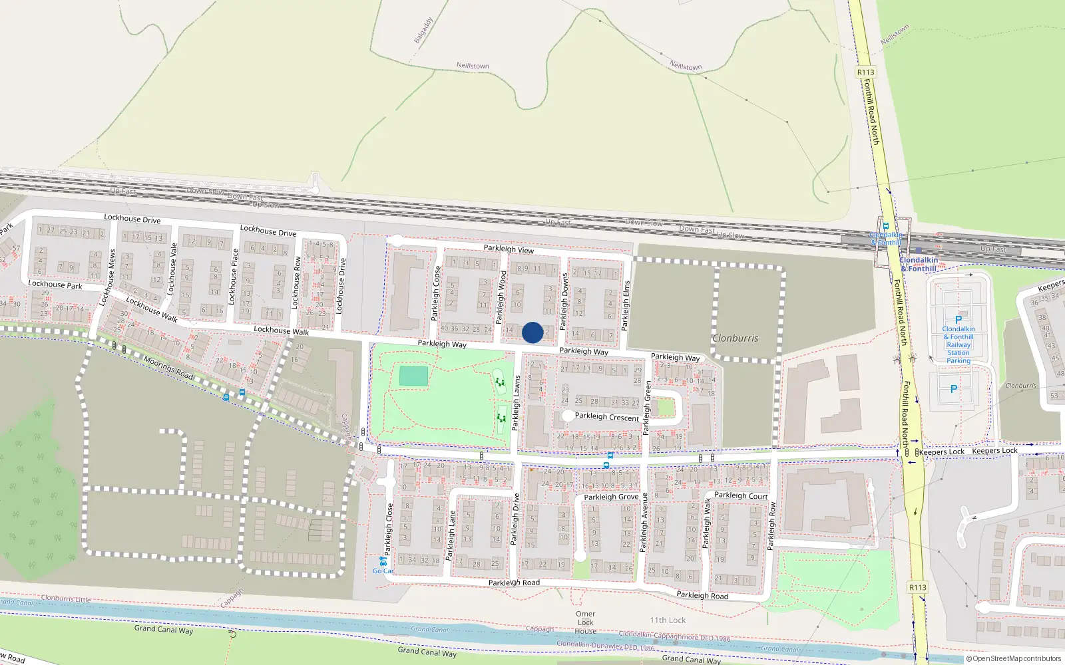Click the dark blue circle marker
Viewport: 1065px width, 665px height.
click(x=532, y=332)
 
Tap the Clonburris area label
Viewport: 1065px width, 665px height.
click(x=735, y=338)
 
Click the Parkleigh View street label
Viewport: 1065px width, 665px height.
click(x=509, y=249)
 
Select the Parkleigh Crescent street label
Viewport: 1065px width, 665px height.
click(x=606, y=417)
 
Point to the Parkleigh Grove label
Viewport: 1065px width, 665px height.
click(x=611, y=497)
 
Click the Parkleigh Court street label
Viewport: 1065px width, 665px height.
click(x=741, y=495)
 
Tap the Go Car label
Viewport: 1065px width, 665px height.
click(x=383, y=571)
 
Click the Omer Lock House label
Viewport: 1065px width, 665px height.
click(x=586, y=622)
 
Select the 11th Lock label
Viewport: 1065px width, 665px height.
click(x=668, y=620)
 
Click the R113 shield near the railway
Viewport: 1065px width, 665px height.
click(x=865, y=72)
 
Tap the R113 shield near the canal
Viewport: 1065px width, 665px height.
click(x=918, y=587)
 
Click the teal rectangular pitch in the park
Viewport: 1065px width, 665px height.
click(x=414, y=376)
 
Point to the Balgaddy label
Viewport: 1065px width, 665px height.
click(x=423, y=31)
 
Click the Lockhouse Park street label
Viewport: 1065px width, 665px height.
click(x=55, y=285)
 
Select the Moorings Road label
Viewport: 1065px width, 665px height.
click(x=168, y=368)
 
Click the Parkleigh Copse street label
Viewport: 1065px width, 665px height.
click(x=436, y=293)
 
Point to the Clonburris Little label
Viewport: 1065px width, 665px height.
click(x=66, y=598)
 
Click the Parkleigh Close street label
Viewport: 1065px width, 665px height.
click(x=389, y=529)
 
